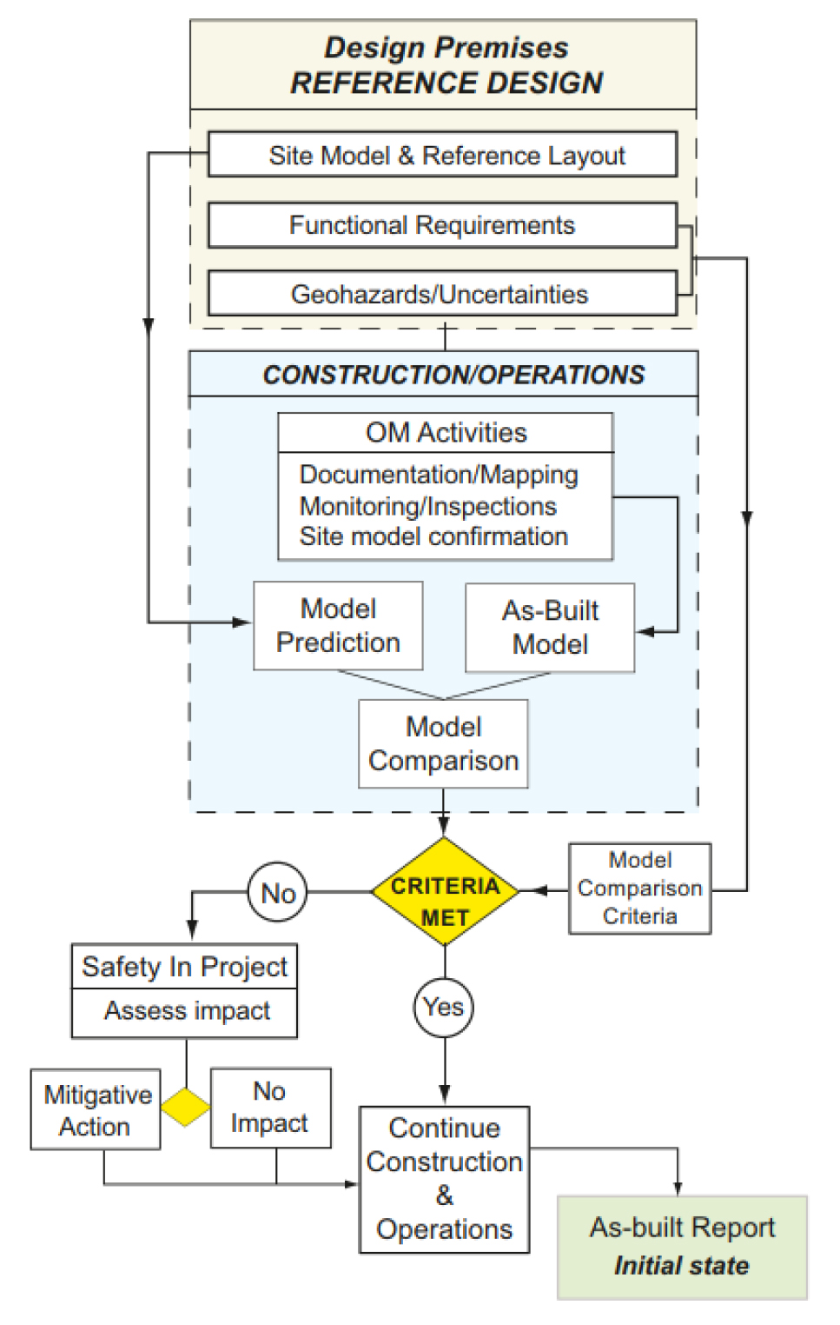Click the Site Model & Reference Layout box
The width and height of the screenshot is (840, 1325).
(x=442, y=155)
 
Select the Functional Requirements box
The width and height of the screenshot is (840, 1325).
(x=442, y=225)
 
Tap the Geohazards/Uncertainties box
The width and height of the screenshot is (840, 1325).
(x=442, y=294)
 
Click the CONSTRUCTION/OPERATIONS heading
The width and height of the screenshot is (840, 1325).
(x=453, y=375)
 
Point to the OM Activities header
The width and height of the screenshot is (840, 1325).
(x=446, y=432)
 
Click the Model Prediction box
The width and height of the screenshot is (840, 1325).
(x=338, y=626)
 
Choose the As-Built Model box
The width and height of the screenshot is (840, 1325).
(x=550, y=628)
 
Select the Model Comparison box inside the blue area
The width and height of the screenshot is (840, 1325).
(x=443, y=744)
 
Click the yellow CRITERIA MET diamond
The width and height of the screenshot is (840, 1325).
(x=445, y=891)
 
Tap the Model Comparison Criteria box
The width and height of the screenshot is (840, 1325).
(x=639, y=889)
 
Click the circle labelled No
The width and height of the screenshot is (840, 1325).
(x=278, y=893)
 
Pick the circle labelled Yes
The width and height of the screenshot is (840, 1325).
(x=444, y=1007)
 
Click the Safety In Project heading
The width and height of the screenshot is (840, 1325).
(x=184, y=967)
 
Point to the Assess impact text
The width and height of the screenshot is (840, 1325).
(x=187, y=1011)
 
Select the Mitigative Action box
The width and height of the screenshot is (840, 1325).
(x=96, y=1110)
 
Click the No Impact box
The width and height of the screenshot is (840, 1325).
(x=270, y=1108)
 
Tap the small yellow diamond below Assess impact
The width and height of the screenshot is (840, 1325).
(x=186, y=1107)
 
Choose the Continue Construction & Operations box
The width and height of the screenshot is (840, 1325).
(x=444, y=1179)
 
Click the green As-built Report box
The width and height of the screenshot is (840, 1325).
(x=682, y=1247)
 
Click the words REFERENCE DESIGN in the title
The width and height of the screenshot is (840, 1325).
(x=446, y=83)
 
